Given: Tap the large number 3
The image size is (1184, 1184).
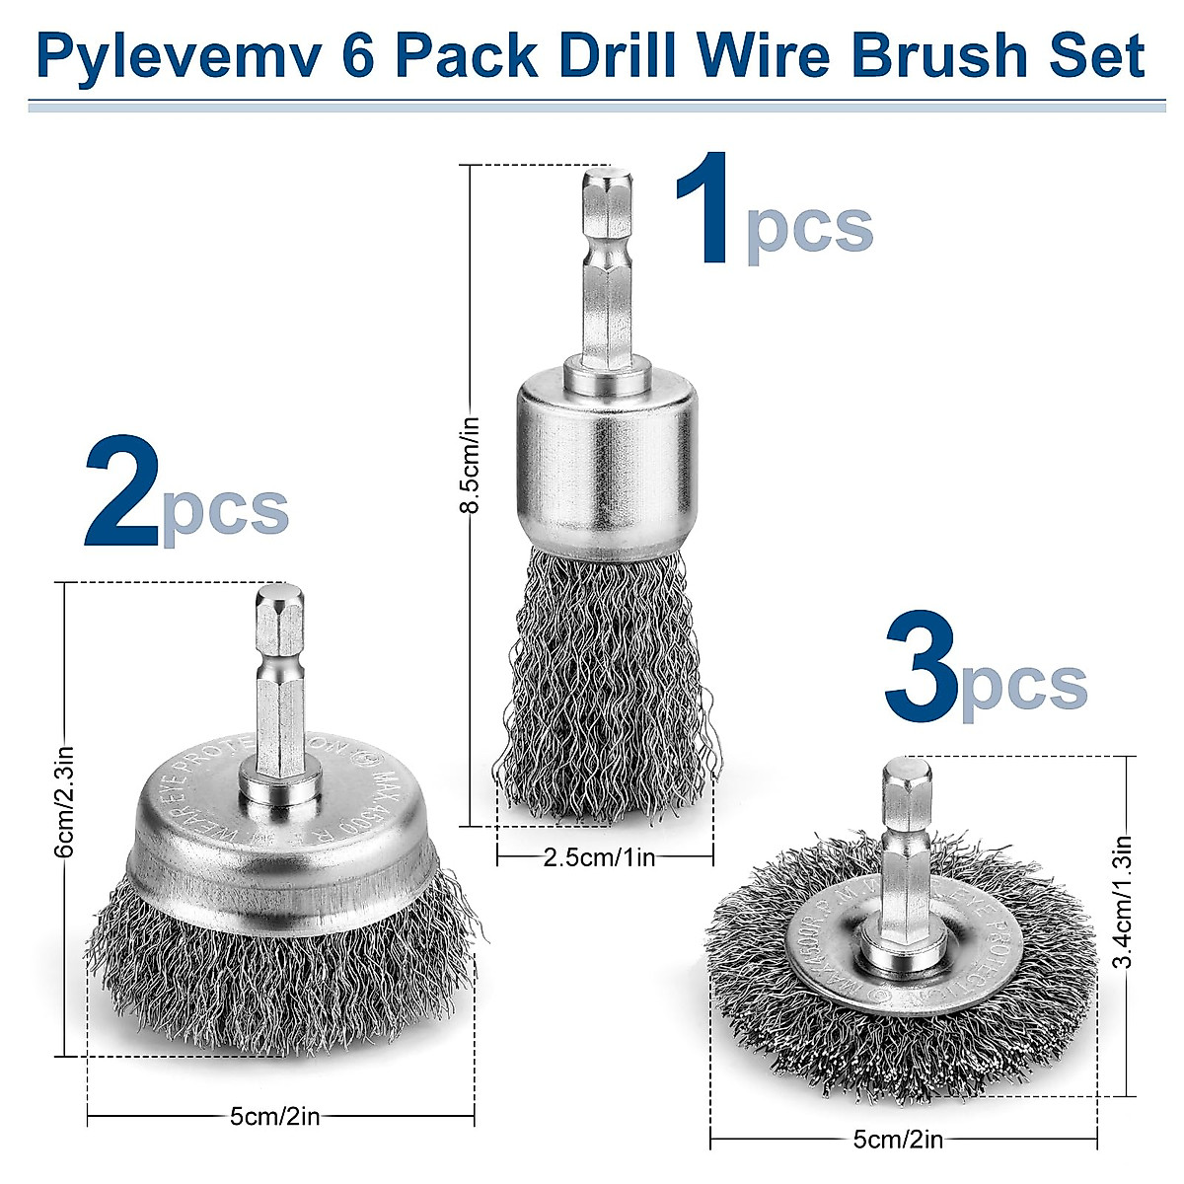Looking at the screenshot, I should tap(922, 667).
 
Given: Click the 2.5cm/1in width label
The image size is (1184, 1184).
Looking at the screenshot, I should tap(600, 856).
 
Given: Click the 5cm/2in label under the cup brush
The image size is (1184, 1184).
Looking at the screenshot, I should tap(274, 1117).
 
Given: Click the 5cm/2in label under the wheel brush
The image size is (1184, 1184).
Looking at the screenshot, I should tap(898, 1140).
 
